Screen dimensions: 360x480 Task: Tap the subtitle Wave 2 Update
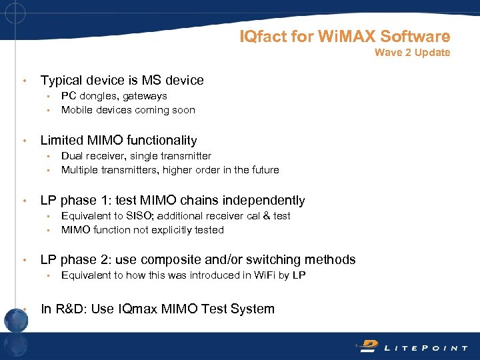[412, 53]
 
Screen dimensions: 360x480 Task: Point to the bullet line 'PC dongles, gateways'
[114, 96]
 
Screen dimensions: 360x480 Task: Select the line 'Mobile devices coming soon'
[128, 110]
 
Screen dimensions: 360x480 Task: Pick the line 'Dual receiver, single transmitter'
[136, 156]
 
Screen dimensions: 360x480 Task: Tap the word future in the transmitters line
[263, 170]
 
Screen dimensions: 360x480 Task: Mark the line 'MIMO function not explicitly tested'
[142, 230]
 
